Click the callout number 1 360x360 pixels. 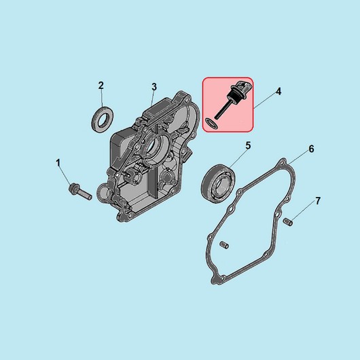tap(58, 163)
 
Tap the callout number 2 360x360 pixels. tap(101, 86)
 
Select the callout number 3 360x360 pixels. tap(154, 87)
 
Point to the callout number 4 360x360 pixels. tap(278, 92)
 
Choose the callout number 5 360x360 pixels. tap(248, 145)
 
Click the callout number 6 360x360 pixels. tap(311, 149)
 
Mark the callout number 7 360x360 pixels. tap(318, 201)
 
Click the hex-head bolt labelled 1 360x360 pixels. tap(80, 192)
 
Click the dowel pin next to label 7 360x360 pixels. tap(288, 222)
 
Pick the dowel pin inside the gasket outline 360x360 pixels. tap(224, 245)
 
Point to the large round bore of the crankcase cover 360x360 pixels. tap(154, 146)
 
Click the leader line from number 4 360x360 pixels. tap(265, 101)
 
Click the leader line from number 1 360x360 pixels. tap(66, 177)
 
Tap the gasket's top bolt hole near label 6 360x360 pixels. tap(282, 163)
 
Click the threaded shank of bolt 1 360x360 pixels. tap(86, 194)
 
